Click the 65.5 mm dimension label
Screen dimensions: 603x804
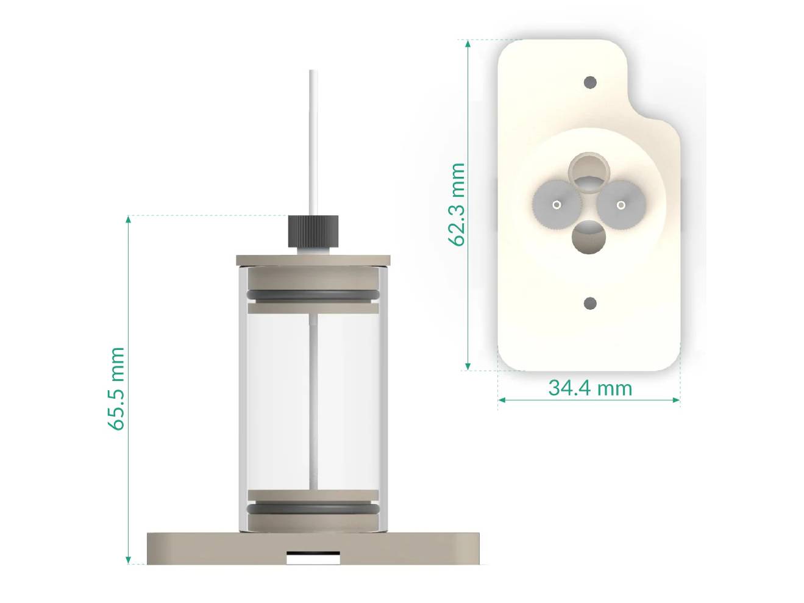(x=116, y=388)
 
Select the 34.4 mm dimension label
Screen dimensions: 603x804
(x=590, y=388)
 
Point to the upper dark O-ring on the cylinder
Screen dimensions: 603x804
(x=313, y=296)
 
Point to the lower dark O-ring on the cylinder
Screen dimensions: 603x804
(x=313, y=508)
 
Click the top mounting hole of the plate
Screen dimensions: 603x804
(x=589, y=82)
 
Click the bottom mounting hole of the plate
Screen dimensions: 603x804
(x=589, y=303)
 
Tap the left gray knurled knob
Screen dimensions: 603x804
(x=556, y=204)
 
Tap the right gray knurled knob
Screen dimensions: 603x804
(x=621, y=204)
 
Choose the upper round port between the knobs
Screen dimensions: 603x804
(x=589, y=170)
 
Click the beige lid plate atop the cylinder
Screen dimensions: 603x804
(x=313, y=260)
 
